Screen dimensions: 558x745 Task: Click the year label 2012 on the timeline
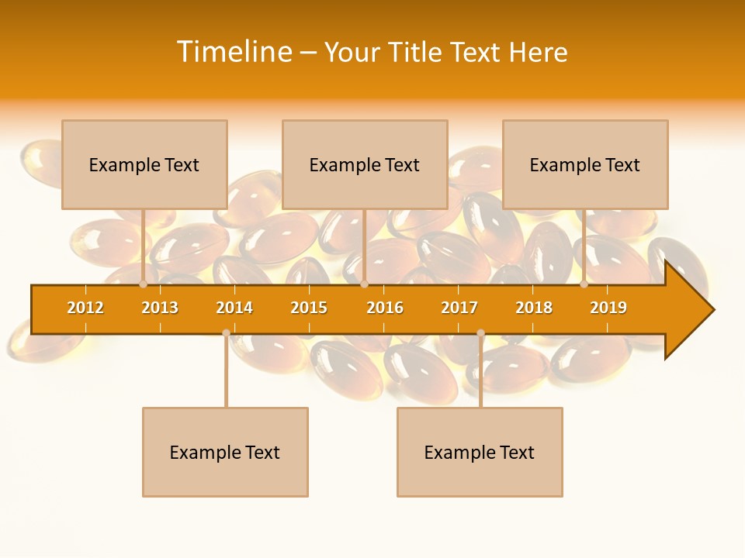tap(85, 308)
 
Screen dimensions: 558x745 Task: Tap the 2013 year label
tap(160, 308)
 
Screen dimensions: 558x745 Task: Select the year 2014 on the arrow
tap(234, 308)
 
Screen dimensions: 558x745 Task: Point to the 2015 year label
tap(309, 308)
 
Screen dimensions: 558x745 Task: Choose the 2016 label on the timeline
tap(385, 308)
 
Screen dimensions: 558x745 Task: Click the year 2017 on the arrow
tap(459, 308)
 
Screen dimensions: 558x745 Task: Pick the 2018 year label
tap(534, 308)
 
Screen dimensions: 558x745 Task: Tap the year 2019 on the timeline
tap(608, 308)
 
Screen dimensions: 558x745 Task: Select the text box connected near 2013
tap(144, 164)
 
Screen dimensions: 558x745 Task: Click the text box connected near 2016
tap(365, 164)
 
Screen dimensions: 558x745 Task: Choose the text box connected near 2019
tap(585, 164)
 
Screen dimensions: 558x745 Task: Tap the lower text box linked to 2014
tap(225, 452)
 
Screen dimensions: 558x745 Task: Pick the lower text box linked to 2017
tap(480, 452)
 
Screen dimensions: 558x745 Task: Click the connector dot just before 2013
tap(143, 284)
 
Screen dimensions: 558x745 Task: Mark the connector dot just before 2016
tap(364, 284)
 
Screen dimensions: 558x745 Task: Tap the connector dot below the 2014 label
tap(226, 333)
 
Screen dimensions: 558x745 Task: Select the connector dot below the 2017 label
tap(480, 333)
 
